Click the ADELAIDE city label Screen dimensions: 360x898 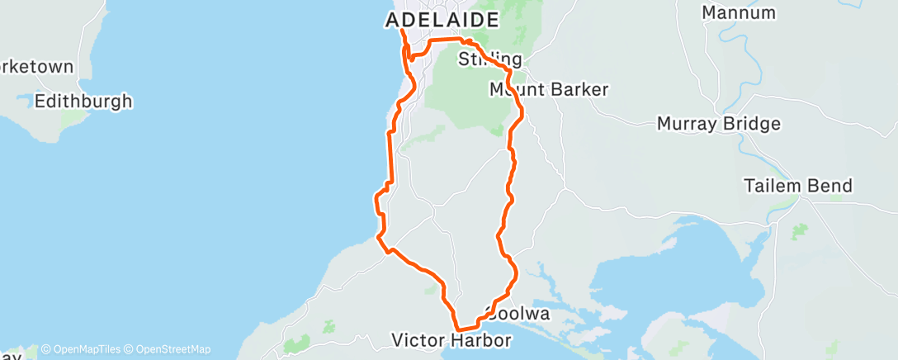tap(442, 20)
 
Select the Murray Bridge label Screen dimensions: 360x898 tap(718, 124)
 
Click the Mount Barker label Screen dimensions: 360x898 tap(549, 89)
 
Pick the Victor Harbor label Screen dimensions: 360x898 tap(451, 339)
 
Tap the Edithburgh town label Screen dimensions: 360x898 tap(83, 102)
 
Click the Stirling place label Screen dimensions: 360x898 tap(490, 59)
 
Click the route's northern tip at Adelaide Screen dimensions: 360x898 tap(402, 31)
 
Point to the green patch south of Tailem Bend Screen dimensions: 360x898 tap(797, 232)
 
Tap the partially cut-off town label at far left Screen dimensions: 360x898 tap(37, 66)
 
